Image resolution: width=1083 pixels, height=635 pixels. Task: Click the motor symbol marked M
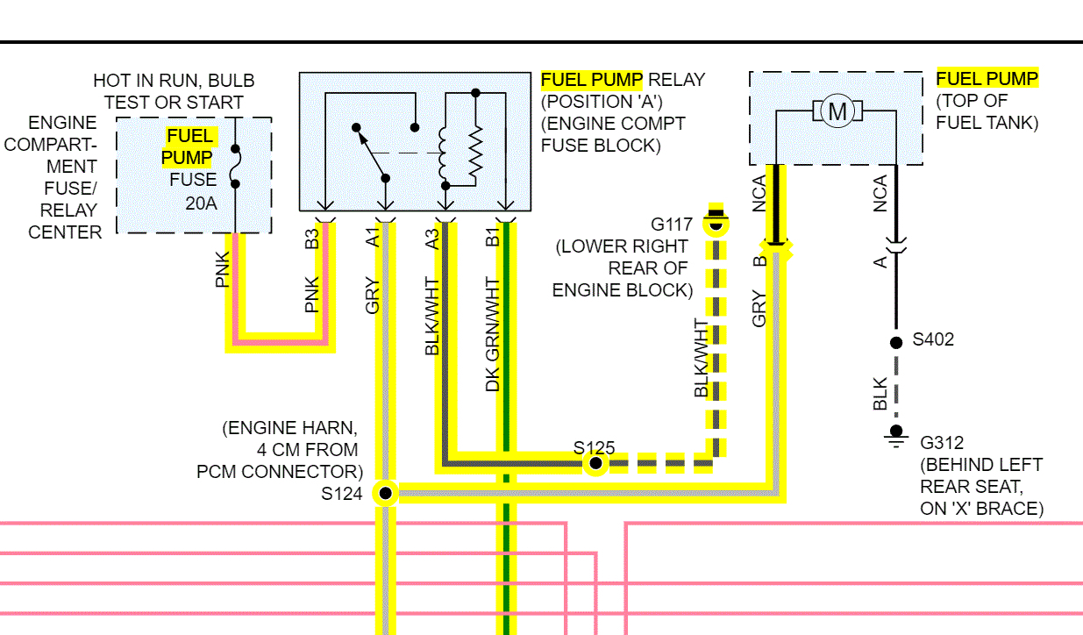pos(837,111)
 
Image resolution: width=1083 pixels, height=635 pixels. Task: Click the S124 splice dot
pos(385,493)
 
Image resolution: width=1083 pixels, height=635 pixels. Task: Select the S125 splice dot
pos(595,462)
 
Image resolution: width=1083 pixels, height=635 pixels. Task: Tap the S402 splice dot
pos(895,343)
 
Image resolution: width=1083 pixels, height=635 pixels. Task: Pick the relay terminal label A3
pos(432,239)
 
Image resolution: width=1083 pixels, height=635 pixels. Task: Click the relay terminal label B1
pos(493,237)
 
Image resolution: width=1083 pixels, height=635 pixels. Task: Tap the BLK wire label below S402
pos(881,394)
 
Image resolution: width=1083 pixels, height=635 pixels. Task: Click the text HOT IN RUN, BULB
pos(174,81)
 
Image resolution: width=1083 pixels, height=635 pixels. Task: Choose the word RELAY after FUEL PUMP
pos(676,80)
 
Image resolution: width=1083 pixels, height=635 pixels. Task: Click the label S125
pos(594,447)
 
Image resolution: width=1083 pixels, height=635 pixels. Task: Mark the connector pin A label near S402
pos(881,260)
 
